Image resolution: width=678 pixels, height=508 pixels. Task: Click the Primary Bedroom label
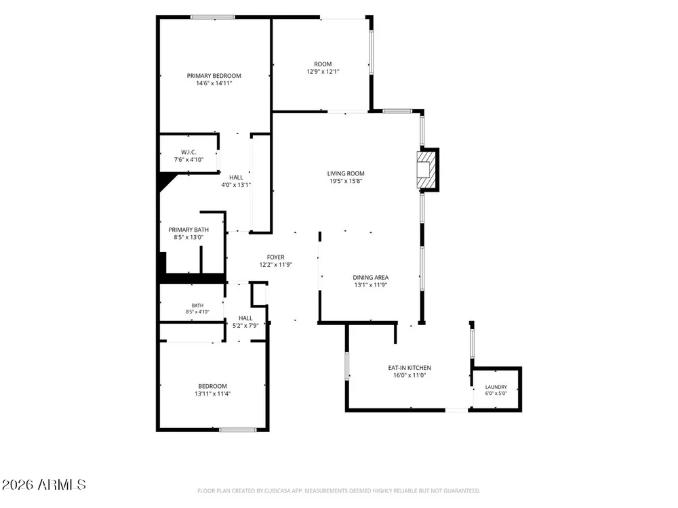coord(214,76)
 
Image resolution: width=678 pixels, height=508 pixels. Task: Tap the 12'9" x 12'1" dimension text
coord(323,72)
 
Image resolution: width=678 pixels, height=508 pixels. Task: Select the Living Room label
coord(346,173)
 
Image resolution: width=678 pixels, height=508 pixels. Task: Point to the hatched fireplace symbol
coord(425,169)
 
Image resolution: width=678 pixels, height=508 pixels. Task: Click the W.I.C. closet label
coord(188,152)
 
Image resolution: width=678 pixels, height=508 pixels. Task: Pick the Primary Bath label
coord(188,230)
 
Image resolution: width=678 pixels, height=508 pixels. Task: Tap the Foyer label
coord(275,257)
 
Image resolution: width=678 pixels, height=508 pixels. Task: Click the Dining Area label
coord(371,277)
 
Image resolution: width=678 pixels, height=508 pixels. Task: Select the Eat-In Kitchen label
coord(410,368)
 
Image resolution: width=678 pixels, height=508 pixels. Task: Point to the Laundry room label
coord(496,387)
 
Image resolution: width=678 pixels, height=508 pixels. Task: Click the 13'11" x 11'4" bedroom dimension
coord(212,394)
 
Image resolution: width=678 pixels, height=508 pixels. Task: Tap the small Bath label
coord(197,305)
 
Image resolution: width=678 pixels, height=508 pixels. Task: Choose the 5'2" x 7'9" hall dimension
coord(245,326)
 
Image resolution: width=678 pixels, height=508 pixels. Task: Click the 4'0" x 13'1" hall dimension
coord(236,185)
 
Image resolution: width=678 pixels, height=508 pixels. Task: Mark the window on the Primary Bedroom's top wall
coord(213,18)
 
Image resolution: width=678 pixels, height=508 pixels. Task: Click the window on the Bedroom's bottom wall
coord(237,430)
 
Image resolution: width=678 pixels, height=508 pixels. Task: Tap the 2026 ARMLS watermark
coord(43,485)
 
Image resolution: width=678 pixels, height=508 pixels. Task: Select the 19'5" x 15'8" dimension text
coord(346,181)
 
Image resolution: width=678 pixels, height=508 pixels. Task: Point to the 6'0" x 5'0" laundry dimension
coord(496,394)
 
